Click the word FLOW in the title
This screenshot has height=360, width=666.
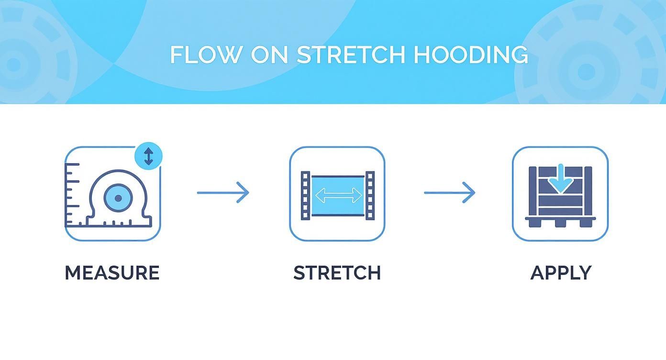click(x=206, y=55)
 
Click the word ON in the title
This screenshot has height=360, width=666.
click(x=269, y=55)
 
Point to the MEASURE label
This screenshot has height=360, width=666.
click(x=112, y=272)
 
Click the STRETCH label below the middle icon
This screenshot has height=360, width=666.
click(x=337, y=272)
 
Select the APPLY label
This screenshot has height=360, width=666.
click(x=561, y=272)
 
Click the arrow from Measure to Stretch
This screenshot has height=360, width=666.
click(x=223, y=192)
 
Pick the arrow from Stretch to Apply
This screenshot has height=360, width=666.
click(x=449, y=192)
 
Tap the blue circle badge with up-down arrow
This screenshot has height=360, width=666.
click(x=148, y=157)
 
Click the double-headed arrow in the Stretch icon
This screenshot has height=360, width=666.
click(x=338, y=195)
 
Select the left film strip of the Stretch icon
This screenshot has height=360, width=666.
click(x=305, y=195)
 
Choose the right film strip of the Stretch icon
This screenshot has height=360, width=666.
click(x=370, y=195)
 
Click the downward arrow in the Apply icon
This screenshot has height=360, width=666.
click(x=559, y=179)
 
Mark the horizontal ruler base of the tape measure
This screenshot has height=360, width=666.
click(x=119, y=221)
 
